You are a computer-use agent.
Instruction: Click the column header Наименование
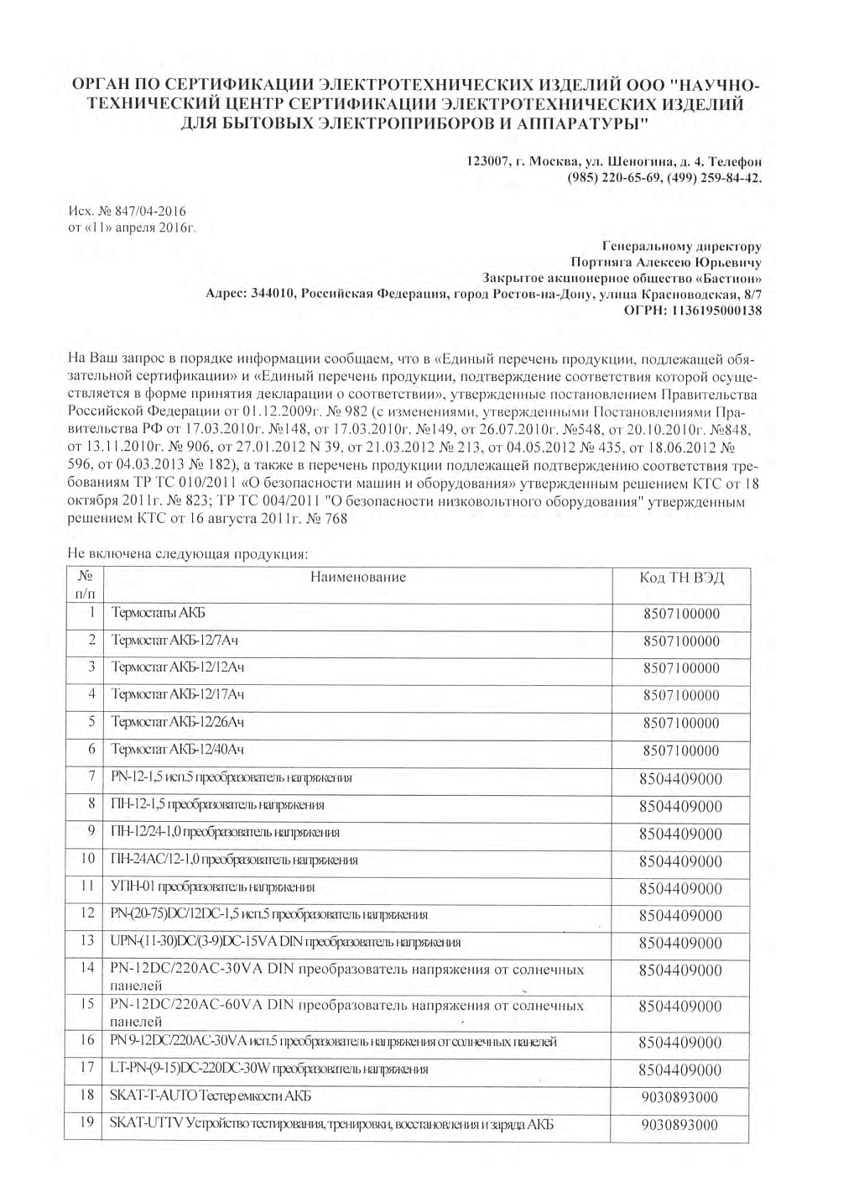(358, 577)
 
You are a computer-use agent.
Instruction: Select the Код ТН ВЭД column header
(681, 578)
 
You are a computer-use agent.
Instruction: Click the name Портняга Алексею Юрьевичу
(665, 262)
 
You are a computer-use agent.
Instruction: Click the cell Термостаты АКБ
(159, 614)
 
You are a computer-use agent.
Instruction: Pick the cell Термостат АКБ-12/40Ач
(178, 749)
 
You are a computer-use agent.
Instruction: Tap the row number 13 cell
(87, 941)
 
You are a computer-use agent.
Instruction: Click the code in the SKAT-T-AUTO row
(681, 1097)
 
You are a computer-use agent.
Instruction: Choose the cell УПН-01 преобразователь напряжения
(213, 886)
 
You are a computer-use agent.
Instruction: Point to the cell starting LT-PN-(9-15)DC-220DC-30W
(269, 1069)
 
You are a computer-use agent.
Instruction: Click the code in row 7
(680, 779)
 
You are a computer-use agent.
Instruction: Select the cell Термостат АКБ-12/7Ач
(175, 641)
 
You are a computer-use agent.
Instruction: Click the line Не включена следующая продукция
(188, 555)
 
